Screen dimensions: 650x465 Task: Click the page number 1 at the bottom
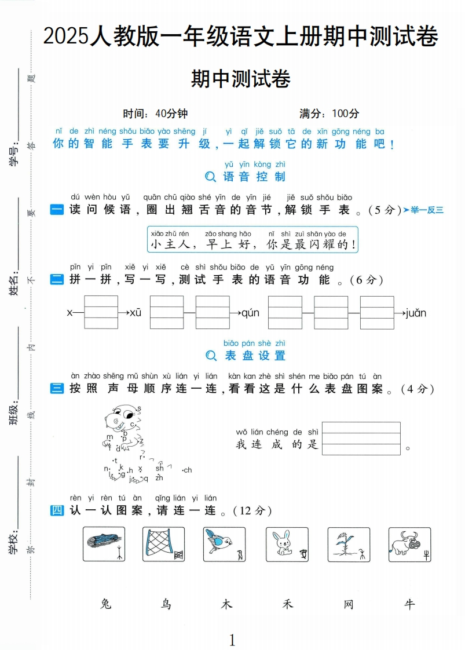pos(232,640)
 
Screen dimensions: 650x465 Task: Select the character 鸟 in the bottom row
pos(166,604)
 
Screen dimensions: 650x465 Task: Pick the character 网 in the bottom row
pos(348,604)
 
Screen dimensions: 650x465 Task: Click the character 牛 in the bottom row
pos(409,604)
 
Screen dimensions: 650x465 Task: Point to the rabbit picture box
pos(287,544)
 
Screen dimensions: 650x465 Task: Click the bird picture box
pos(225,544)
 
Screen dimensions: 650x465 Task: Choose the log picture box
pos(104,544)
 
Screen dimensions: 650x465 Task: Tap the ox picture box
pos(409,544)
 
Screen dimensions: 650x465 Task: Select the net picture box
pos(164,544)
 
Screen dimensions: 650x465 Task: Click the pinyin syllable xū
pos(136,313)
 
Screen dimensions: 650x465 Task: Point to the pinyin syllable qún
pos(250,313)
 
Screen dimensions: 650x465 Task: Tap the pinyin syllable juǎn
pos(416,313)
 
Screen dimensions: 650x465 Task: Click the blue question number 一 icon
pos(57,210)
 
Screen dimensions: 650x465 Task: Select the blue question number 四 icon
pos(57,510)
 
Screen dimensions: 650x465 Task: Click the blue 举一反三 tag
pos(423,210)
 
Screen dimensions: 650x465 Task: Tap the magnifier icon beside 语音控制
pos(211,177)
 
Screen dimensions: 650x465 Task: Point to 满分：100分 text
pos(329,113)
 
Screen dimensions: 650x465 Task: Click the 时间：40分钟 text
pos(155,113)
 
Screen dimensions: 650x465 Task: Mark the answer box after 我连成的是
pos(361,439)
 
